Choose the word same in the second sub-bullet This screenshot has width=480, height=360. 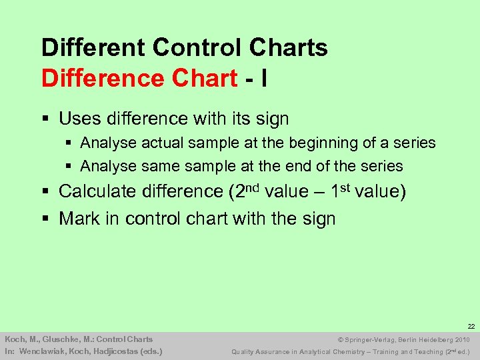160,166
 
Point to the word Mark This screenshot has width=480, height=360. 79,219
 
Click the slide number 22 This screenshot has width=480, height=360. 471,327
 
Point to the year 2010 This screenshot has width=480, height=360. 462,339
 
